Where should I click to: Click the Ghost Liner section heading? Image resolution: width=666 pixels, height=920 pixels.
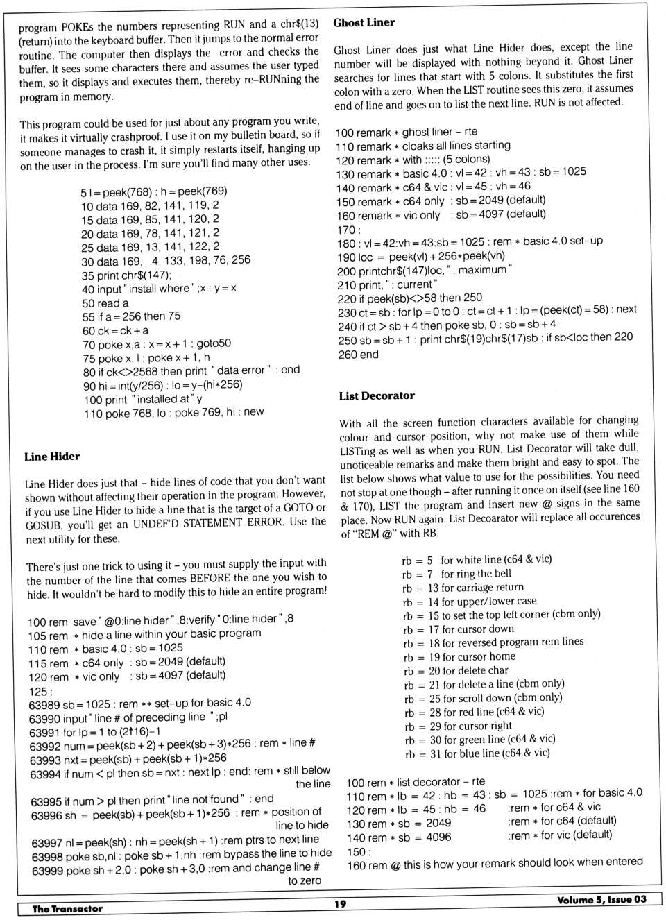coord(364,23)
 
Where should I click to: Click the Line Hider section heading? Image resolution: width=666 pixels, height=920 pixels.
coord(52,457)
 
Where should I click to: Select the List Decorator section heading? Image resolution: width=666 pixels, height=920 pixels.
coord(377,396)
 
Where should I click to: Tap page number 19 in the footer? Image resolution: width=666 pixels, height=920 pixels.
coord(339,903)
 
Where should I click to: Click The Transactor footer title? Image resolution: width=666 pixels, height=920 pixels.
coord(67,908)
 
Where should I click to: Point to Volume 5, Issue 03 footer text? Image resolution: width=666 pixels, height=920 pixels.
coord(601,900)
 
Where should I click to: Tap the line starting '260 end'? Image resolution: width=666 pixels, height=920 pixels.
coord(358,355)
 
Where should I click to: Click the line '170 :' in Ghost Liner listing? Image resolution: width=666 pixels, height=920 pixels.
coord(348,230)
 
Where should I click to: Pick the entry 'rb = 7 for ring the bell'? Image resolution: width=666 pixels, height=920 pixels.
coord(456,574)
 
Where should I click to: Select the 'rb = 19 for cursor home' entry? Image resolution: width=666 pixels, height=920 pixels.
coord(459,656)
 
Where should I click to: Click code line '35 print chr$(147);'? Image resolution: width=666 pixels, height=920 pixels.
coord(126,275)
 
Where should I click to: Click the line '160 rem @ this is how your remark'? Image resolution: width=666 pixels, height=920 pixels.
coord(494,862)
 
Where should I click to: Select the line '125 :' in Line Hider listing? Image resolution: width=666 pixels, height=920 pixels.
coord(39,691)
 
